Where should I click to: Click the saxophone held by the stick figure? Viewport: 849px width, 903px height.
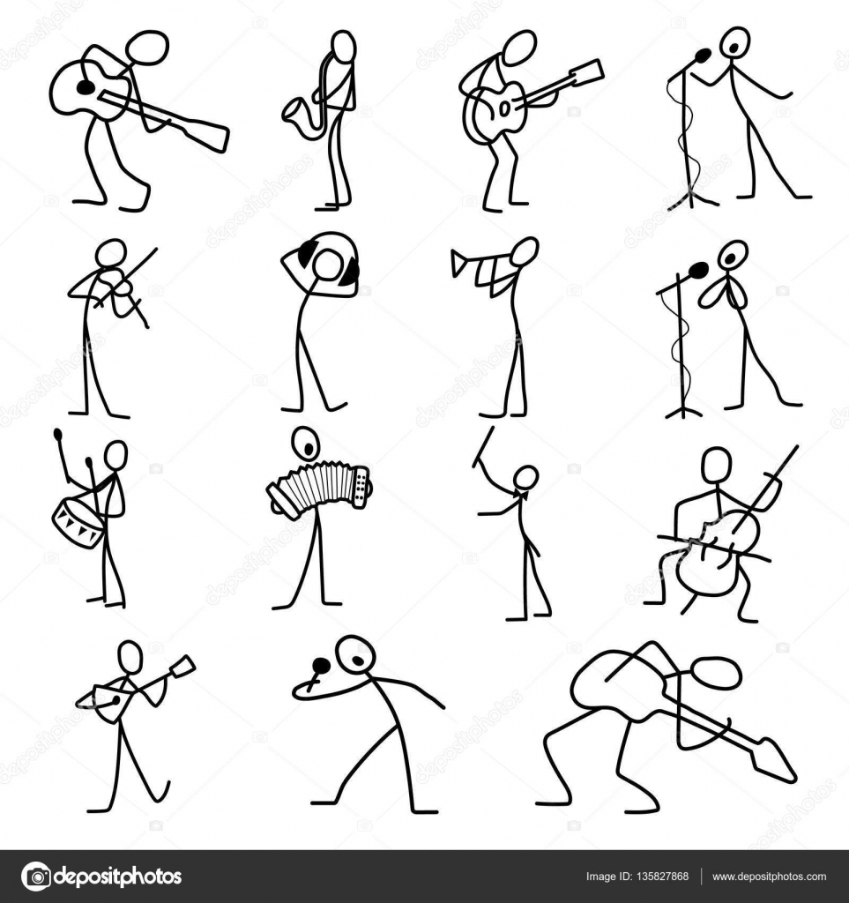point(305,107)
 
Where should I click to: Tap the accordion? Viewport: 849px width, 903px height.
point(319,488)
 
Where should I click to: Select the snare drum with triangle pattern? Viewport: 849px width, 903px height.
point(78,522)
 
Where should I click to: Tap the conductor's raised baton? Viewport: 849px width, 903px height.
point(483,447)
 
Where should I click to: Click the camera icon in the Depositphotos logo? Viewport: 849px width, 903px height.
point(35,876)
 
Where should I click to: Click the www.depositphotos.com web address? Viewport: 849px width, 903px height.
point(769,877)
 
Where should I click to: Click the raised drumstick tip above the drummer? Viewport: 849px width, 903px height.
point(57,434)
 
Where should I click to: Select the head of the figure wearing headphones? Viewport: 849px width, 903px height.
point(329,265)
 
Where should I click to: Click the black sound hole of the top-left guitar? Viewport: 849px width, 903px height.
point(86,87)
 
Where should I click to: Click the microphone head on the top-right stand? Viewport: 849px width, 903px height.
point(703,56)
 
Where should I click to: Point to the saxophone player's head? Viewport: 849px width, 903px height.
point(344,45)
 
